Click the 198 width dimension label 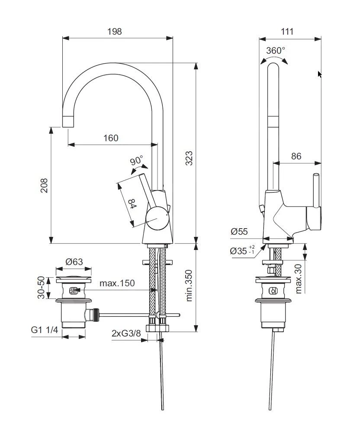coord(115,31)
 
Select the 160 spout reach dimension coord(111,138)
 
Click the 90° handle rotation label coord(137,161)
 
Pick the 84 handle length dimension coord(132,203)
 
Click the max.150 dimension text coord(117,283)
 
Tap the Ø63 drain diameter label coord(74,262)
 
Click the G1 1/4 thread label coord(44,330)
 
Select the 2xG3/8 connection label coord(126,333)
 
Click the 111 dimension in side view coord(287,31)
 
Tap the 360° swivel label coord(275,50)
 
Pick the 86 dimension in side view coord(296,156)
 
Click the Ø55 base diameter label coord(239,232)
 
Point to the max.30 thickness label coord(299,278)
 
